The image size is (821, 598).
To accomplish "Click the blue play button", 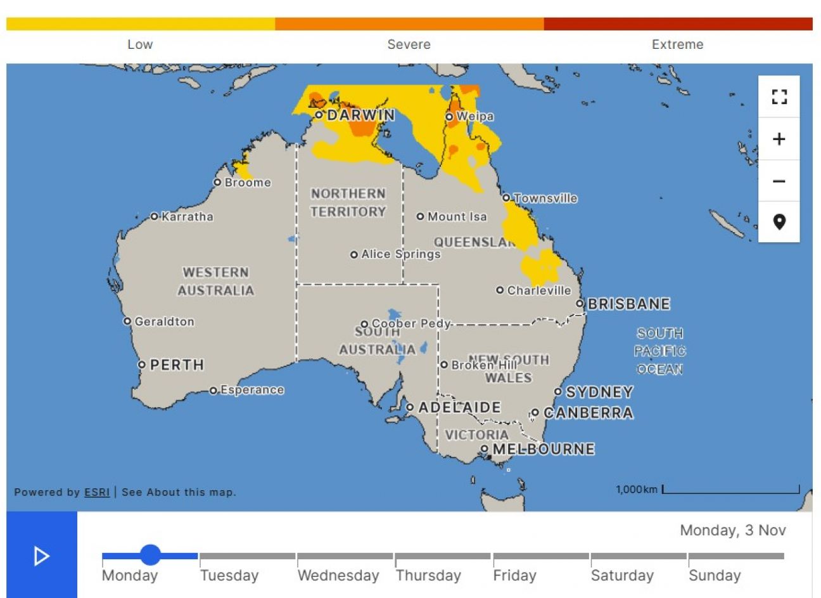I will point(42,556).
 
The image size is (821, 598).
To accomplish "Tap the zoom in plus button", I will point(779,139).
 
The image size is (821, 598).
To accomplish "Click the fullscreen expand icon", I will point(779,97).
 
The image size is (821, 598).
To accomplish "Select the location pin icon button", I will point(779,222).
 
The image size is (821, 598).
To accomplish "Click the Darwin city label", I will point(360,115).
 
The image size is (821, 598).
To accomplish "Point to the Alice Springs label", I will point(400,254).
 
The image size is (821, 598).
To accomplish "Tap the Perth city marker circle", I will point(142,365).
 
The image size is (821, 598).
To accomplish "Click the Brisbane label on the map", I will point(628,304).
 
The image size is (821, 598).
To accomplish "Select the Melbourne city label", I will point(544,450).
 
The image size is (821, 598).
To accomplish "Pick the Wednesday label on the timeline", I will point(338,576).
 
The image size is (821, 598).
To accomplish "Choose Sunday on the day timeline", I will point(715,576).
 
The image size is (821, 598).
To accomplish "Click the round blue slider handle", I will point(150,555).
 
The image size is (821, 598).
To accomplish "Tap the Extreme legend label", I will point(677,44).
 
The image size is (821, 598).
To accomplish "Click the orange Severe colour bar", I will point(409,24).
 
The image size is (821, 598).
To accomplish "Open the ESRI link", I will point(97,492).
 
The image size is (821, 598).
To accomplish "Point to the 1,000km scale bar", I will point(730,490).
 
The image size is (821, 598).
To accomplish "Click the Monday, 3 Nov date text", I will point(732,530).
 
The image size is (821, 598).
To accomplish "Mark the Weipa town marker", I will point(449,117).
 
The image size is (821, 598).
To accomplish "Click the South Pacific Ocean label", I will point(660,351).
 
